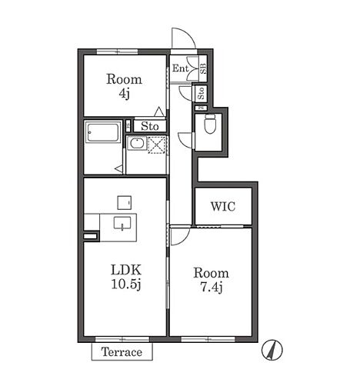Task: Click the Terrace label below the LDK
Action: pyautogui.click(x=122, y=352)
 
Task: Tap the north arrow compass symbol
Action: pyautogui.click(x=272, y=350)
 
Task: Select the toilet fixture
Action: pyautogui.click(x=210, y=124)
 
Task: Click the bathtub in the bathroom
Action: pyautogui.click(x=103, y=131)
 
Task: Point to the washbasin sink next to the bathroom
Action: pyautogui.click(x=137, y=143)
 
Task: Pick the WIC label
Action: pyautogui.click(x=223, y=207)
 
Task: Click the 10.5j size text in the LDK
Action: pyautogui.click(x=126, y=284)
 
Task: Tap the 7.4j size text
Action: pyautogui.click(x=211, y=288)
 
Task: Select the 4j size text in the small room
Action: pyautogui.click(x=125, y=94)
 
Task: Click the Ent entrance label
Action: pyautogui.click(x=180, y=68)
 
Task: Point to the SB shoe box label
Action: pyautogui.click(x=203, y=68)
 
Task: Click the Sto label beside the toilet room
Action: pyautogui.click(x=201, y=93)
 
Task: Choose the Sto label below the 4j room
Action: pyautogui.click(x=150, y=126)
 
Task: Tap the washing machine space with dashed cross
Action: pyautogui.click(x=157, y=145)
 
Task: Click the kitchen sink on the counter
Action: pyautogui.click(x=122, y=222)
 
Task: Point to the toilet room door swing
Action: pyautogui.click(x=185, y=140)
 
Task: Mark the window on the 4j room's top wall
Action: pyautogui.click(x=118, y=52)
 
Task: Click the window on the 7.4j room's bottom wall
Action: pyautogui.click(x=208, y=340)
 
